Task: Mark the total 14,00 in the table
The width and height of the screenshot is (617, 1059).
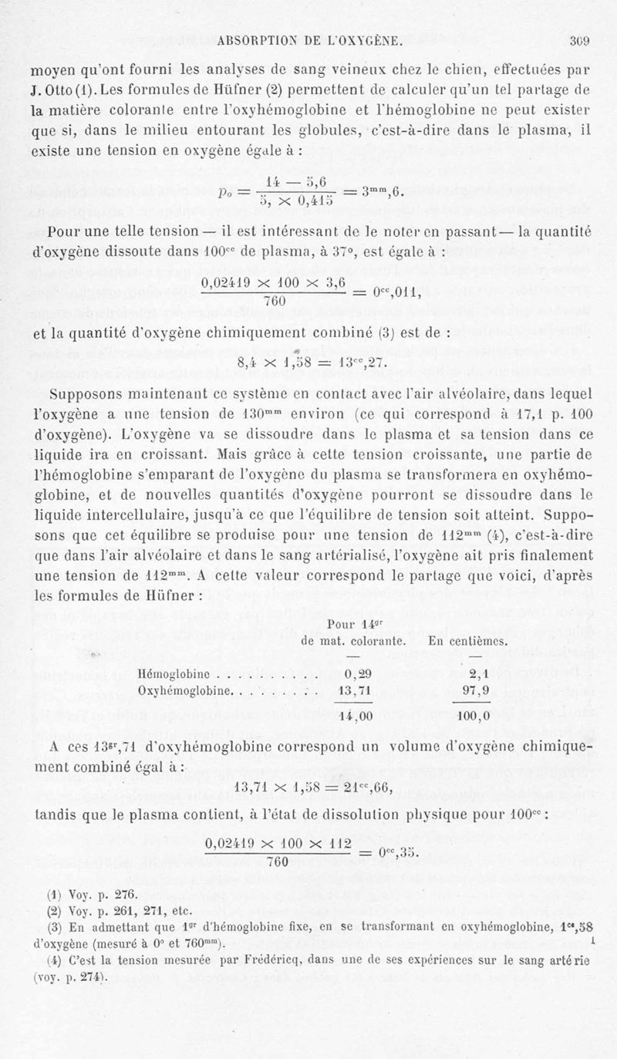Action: click(356, 715)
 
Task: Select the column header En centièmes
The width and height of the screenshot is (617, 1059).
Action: click(467, 640)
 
